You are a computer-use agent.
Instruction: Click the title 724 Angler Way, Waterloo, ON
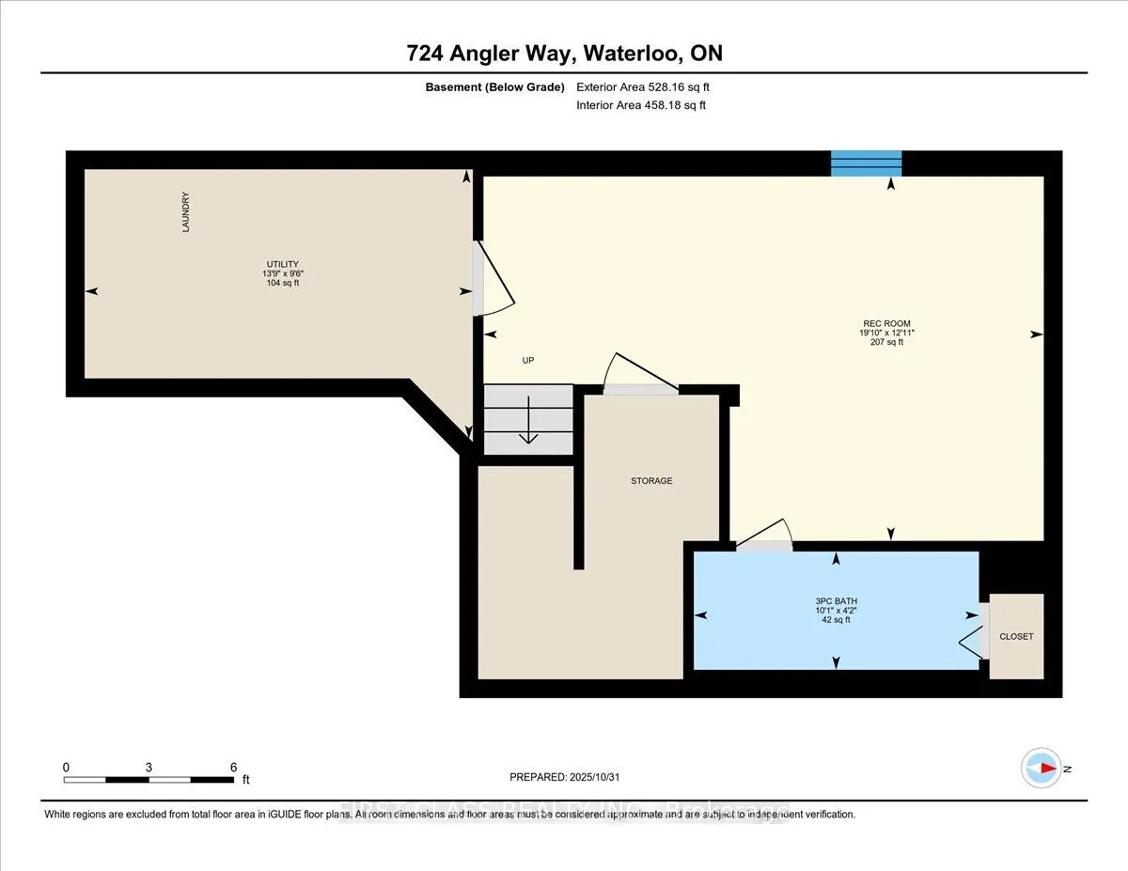click(x=565, y=54)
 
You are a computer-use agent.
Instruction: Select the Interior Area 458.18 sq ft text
click(x=640, y=105)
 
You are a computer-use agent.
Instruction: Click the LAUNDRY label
click(x=186, y=212)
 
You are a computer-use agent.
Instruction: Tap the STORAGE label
click(x=651, y=481)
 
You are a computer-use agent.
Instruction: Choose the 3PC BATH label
click(x=836, y=601)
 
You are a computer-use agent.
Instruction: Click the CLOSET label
click(x=1016, y=636)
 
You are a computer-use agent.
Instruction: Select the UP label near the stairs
click(x=527, y=361)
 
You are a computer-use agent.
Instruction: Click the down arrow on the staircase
click(x=528, y=423)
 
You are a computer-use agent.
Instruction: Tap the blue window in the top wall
click(x=866, y=163)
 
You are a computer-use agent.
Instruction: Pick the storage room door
click(x=640, y=376)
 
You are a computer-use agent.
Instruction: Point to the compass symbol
click(x=1041, y=768)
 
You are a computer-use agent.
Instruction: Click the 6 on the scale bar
click(x=233, y=767)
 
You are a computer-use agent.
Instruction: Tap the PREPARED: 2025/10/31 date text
click(x=565, y=777)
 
